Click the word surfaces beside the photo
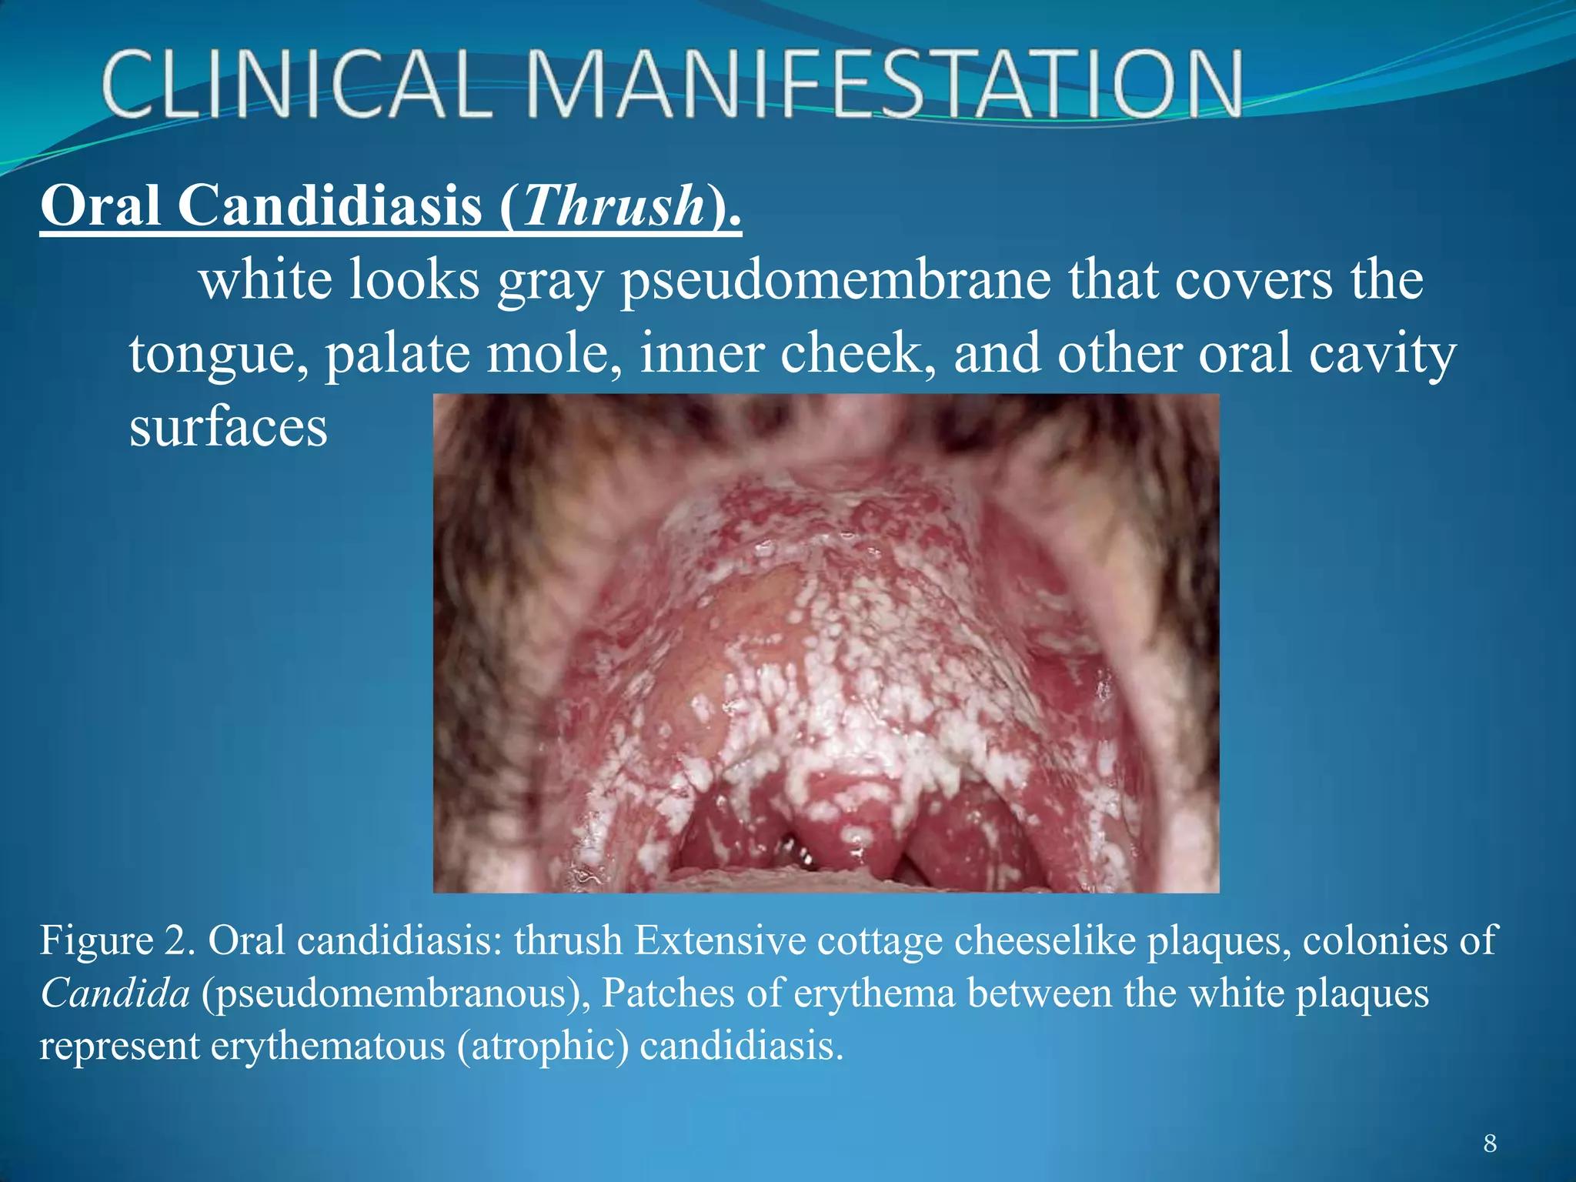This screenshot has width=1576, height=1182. [229, 427]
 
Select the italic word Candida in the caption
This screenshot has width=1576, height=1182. [115, 993]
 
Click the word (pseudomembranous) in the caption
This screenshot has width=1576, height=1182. [396, 994]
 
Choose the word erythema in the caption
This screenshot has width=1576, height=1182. [873, 994]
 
